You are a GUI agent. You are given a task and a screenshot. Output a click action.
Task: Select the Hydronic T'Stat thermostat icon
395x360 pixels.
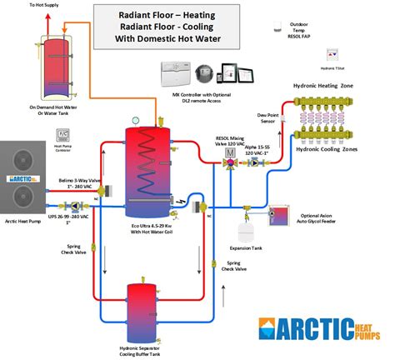(x=333, y=54)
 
